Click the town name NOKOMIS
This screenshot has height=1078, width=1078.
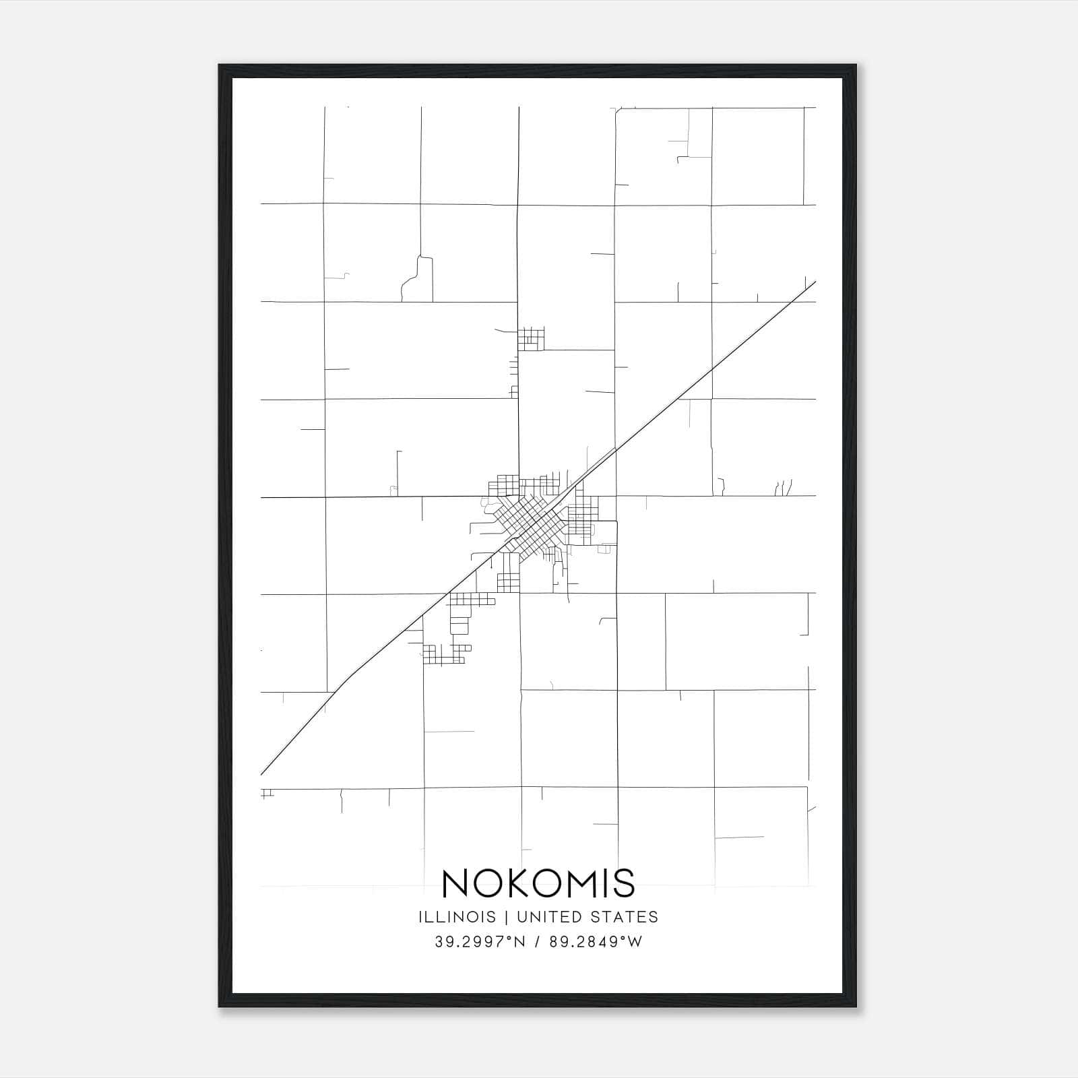pyautogui.click(x=538, y=883)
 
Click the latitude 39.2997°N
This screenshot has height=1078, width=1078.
pyautogui.click(x=480, y=942)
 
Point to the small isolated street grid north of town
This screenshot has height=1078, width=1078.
pyautogui.click(x=530, y=338)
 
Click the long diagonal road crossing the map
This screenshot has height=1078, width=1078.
pyautogui.click(x=707, y=373)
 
